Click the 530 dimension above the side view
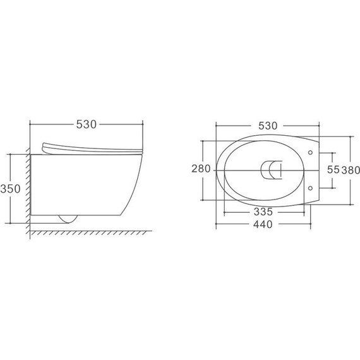[x=86, y=125]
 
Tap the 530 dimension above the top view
[x=268, y=125]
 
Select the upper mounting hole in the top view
[x=311, y=152]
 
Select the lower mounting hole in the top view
[x=311, y=188]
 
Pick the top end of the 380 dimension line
[x=351, y=135]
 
